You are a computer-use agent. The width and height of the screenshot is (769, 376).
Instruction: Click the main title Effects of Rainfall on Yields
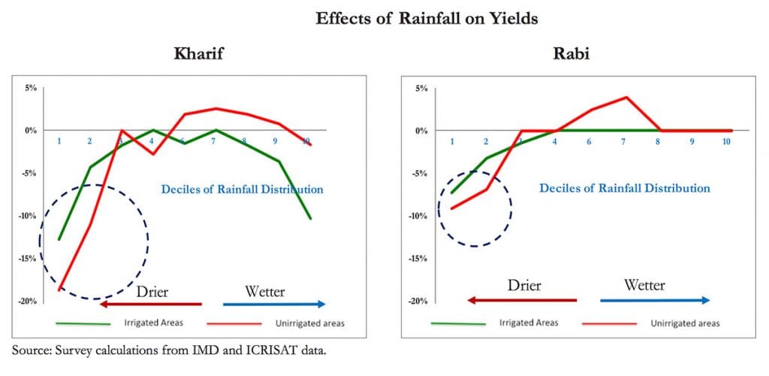(427, 20)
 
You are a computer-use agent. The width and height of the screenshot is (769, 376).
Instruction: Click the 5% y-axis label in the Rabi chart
(421, 88)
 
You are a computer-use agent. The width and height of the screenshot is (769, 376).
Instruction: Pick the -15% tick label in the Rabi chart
(418, 259)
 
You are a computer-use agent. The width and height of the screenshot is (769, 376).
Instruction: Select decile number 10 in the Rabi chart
(727, 141)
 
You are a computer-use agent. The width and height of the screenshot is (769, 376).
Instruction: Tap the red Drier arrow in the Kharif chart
(151, 304)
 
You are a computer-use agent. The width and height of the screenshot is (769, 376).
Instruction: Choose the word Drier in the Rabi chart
(524, 286)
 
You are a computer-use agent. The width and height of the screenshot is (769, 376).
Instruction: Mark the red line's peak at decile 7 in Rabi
(626, 97)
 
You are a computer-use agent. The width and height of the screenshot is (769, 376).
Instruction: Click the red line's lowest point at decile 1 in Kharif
(59, 290)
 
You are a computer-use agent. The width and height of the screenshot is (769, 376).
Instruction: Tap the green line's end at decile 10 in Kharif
(310, 218)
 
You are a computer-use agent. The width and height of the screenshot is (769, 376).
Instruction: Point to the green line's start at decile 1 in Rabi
(451, 193)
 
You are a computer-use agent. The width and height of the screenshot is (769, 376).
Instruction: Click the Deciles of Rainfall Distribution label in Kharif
(242, 190)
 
